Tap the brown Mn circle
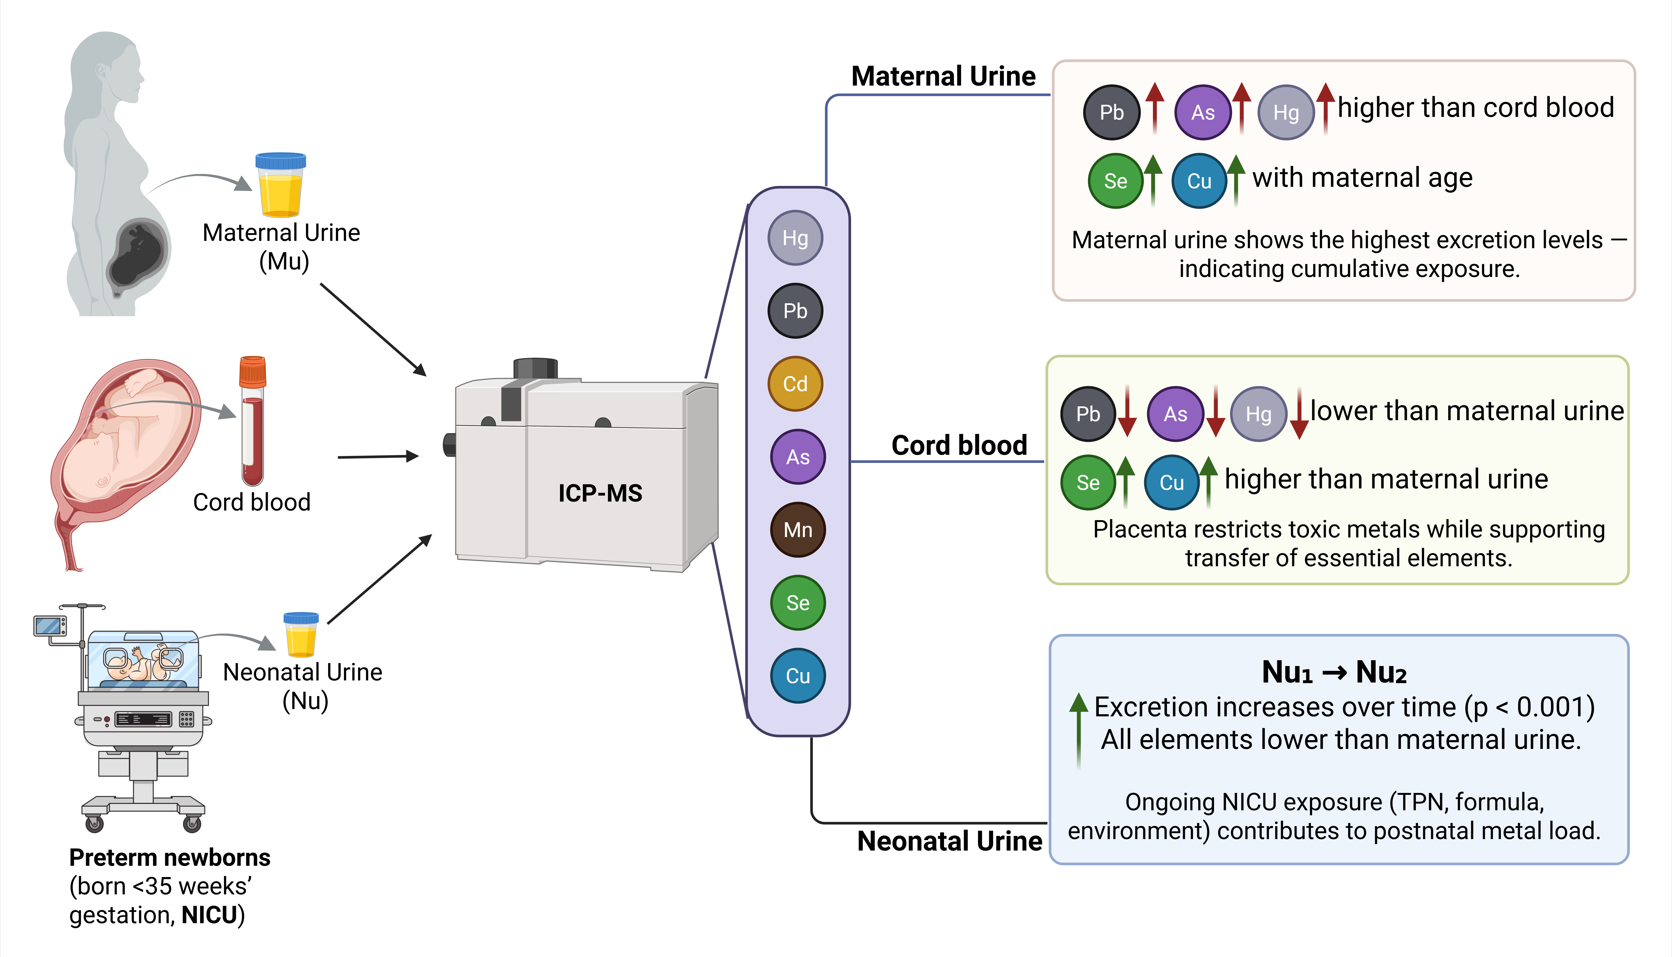[798, 530]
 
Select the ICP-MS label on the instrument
[600, 493]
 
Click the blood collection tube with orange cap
[252, 421]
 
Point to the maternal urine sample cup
[280, 185]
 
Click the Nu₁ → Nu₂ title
[1334, 672]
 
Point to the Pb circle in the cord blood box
[1088, 414]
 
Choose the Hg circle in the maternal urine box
[1286, 112]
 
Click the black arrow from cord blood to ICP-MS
[378, 456]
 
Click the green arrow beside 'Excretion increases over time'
[1078, 729]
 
